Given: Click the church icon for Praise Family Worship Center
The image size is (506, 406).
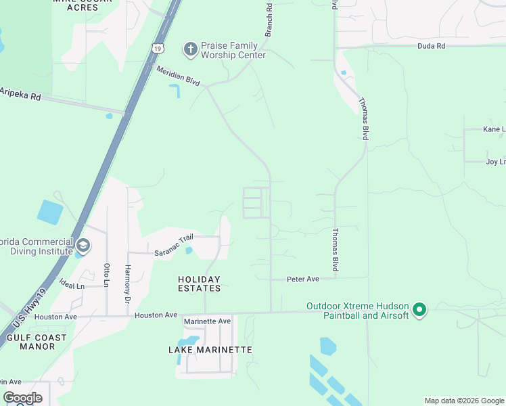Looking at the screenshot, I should pos(190,49).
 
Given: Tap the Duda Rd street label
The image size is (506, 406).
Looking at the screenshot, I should pos(431,46).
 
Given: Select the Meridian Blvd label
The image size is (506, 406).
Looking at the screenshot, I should pos(178,76).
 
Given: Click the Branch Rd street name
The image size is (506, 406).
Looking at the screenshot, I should pos(269,20).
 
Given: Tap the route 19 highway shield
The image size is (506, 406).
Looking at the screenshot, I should pos(158,48).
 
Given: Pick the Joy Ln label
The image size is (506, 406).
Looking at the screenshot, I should pos(495,162).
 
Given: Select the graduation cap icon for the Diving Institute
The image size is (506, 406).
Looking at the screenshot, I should pos(83,245).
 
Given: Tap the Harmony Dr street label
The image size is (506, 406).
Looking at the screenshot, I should pos(127,281).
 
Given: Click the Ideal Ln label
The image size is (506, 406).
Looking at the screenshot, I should pos(71,285).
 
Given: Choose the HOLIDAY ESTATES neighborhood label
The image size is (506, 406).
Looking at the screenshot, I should pos(199,284).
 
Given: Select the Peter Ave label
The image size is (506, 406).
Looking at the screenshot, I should pos(302,279).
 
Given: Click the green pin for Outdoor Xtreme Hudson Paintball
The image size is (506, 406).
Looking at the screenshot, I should pos(419,311).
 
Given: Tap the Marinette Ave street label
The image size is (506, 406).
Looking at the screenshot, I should pos(207,321).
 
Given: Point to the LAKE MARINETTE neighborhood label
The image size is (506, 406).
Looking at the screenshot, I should pos(210,350).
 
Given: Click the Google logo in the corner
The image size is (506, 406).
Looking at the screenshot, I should pos(22,398).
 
